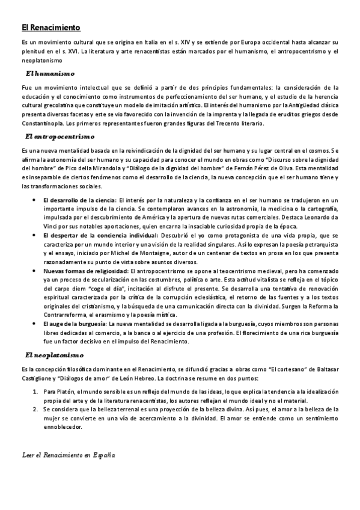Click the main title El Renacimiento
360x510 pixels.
(x=50, y=28)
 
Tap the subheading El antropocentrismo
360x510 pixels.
(x=60, y=137)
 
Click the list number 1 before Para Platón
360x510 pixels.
(x=35, y=392)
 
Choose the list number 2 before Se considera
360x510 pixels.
(x=35, y=409)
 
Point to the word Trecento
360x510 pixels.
(x=225, y=123)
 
